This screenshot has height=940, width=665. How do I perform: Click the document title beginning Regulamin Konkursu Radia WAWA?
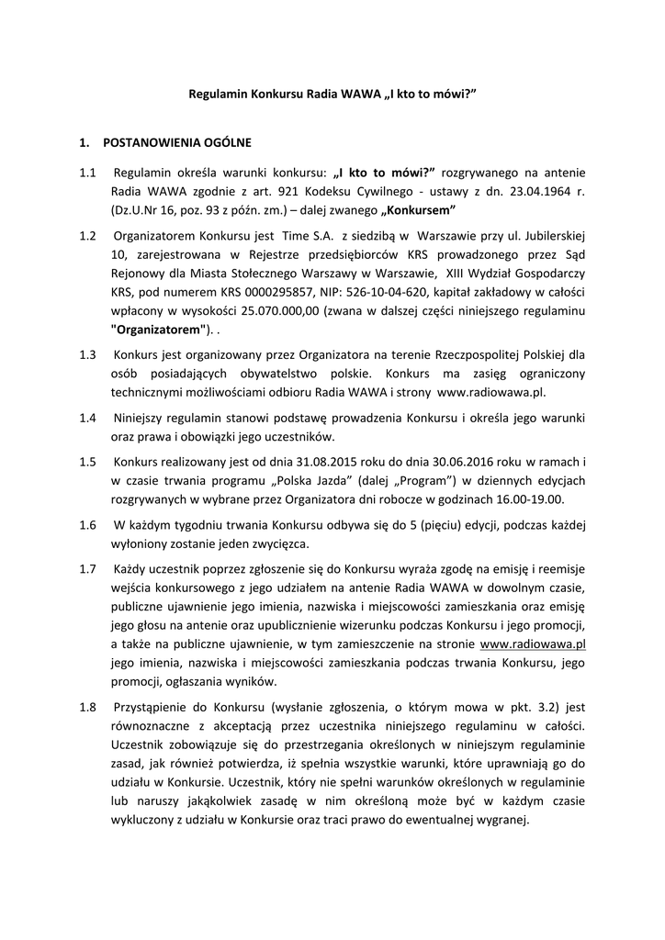332,95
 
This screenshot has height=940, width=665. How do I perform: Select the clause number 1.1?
88,173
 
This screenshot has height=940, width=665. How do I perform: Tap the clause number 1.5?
88,460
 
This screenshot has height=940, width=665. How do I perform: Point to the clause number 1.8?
88,707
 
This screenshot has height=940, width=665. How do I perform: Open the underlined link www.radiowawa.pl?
533,644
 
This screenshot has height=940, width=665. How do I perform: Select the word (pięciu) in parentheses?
427,525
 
